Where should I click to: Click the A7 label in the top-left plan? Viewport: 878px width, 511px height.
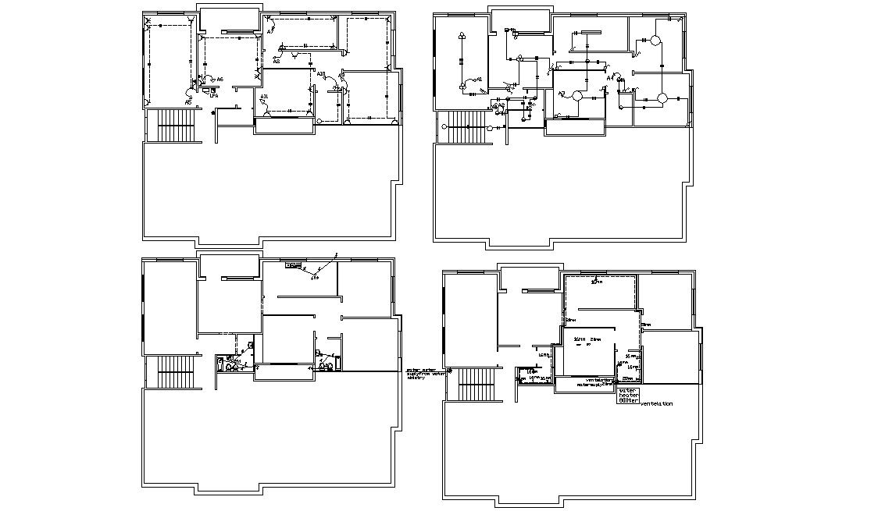coord(270,31)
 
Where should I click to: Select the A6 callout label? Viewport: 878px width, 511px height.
coord(219,80)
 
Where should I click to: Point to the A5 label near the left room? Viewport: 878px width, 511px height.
coord(188,102)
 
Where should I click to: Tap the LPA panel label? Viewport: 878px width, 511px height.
coord(212,95)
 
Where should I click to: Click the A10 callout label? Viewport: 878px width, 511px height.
coord(321,74)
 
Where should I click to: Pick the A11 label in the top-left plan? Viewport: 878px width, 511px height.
coord(265,97)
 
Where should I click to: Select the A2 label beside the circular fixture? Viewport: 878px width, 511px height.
coord(562,94)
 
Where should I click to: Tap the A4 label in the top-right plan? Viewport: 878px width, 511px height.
coord(611,77)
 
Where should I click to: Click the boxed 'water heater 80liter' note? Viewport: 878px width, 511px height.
coord(628,395)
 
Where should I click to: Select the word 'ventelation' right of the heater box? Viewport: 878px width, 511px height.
coord(656,404)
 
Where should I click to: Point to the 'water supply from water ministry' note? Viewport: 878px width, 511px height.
coord(425,373)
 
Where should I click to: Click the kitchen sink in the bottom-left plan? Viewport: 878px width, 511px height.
coord(294,265)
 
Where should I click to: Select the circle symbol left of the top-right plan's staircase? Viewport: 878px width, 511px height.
coord(444,126)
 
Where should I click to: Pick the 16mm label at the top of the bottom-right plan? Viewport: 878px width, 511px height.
coord(597,282)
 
